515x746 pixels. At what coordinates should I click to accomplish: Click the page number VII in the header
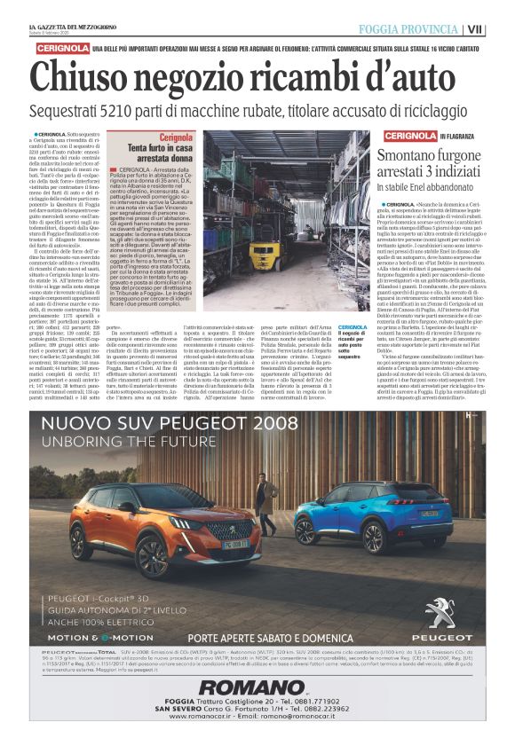(501, 11)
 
